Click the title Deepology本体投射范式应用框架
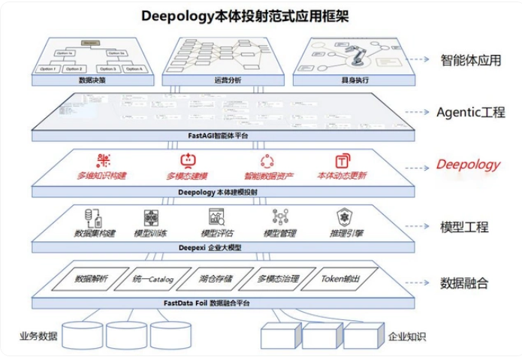click(256, 15)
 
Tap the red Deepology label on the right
click(469, 165)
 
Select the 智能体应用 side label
click(471, 60)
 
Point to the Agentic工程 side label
click(470, 112)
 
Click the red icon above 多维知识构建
click(103, 160)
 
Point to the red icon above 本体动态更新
click(342, 161)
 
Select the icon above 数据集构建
click(95, 217)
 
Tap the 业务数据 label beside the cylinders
click(38, 335)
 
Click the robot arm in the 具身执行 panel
click(354, 56)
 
